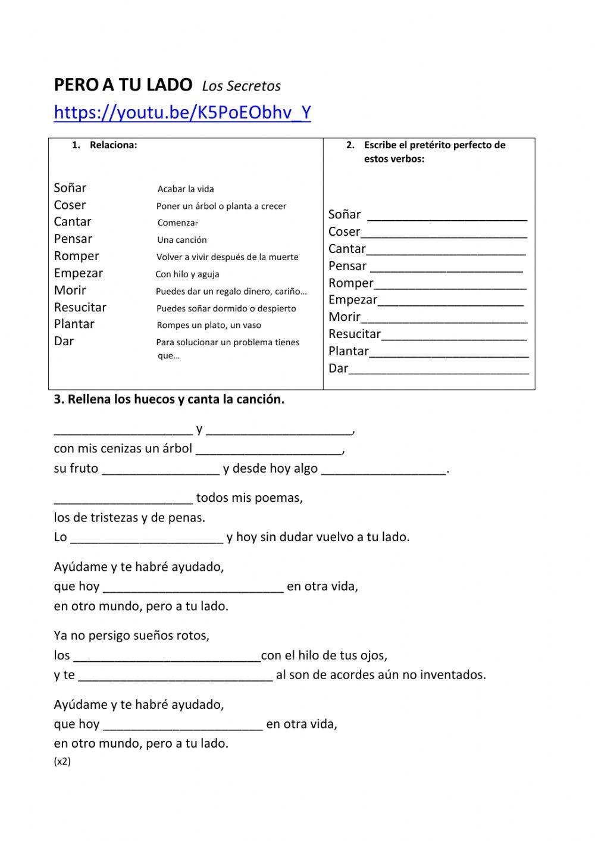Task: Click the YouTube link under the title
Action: point(182,112)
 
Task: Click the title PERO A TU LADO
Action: point(123,85)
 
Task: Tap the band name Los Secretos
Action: point(241,86)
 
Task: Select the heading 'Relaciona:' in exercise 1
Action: point(113,145)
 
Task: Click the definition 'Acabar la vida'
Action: point(186,189)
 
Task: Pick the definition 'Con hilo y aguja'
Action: point(187,274)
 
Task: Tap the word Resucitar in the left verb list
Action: point(80,308)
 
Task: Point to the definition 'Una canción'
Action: point(182,240)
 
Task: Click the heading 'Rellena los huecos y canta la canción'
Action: point(169,399)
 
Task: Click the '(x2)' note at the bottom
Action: point(62,761)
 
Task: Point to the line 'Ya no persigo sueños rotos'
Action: point(131,636)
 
